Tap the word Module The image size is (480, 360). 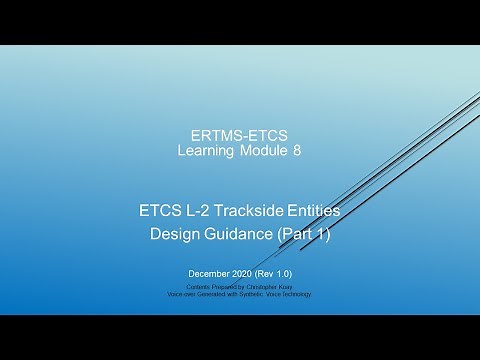pyautogui.click(x=263, y=151)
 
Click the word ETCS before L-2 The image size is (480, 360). pyautogui.click(x=160, y=211)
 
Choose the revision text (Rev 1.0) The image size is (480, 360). pyautogui.click(x=275, y=273)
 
